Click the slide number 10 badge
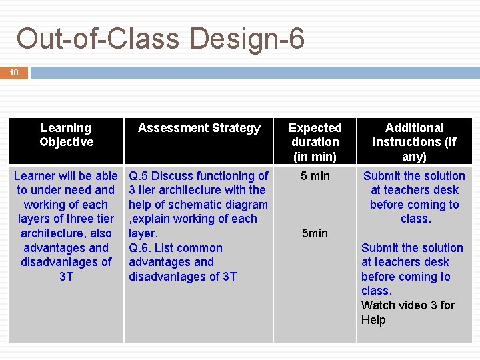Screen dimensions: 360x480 (x=14, y=72)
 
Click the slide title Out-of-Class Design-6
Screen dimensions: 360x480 (x=160, y=39)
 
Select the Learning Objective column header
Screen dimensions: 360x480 (x=66, y=135)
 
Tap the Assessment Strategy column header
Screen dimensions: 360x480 (x=199, y=128)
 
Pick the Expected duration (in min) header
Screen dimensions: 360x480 (x=315, y=142)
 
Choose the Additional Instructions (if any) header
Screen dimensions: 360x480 (x=414, y=142)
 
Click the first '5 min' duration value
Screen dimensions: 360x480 (x=315, y=176)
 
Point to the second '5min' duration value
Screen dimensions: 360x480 (x=315, y=233)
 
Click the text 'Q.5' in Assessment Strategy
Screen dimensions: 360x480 (x=139, y=176)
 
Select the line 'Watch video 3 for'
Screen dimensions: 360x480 (x=407, y=305)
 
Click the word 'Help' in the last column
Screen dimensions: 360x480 (x=373, y=320)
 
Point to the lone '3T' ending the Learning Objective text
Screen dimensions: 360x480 (x=66, y=277)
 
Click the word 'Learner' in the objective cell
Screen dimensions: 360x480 (x=35, y=176)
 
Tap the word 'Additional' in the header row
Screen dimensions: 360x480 (x=414, y=128)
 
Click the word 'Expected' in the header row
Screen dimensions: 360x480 (x=315, y=128)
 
